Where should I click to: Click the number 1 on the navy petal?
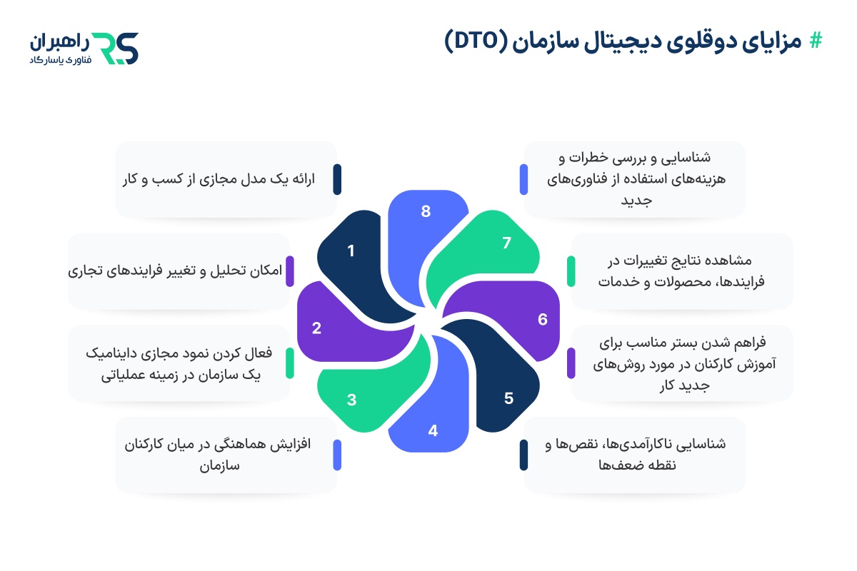[351, 251]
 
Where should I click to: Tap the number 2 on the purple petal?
[316, 328]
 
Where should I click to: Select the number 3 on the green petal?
[351, 400]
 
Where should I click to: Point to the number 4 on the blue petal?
[432, 430]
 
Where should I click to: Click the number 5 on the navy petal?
[508, 398]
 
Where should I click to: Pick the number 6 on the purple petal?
[543, 319]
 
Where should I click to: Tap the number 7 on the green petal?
[507, 243]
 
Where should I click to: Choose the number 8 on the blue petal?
[426, 211]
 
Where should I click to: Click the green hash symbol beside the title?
[815, 42]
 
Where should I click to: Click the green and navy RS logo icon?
[116, 48]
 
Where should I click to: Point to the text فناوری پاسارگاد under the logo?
[57, 61]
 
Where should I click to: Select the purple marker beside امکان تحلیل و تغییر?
[289, 271]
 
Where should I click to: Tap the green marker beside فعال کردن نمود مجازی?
[289, 363]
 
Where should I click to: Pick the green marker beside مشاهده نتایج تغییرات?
[571, 271]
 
